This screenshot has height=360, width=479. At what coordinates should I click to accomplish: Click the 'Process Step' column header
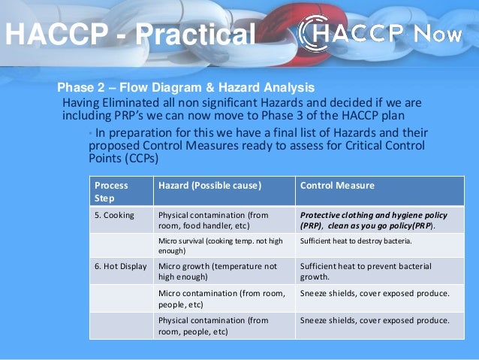110,192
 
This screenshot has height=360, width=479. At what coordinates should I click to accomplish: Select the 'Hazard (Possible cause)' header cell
209,185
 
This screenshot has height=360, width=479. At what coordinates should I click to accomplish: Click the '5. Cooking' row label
115,215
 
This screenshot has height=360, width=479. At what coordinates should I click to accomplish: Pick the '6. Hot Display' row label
121,266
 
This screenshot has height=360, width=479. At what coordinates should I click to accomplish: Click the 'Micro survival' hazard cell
221,246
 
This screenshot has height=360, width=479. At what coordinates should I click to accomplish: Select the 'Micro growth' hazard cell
217,271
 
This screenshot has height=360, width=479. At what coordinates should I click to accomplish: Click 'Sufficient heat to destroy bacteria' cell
356,241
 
